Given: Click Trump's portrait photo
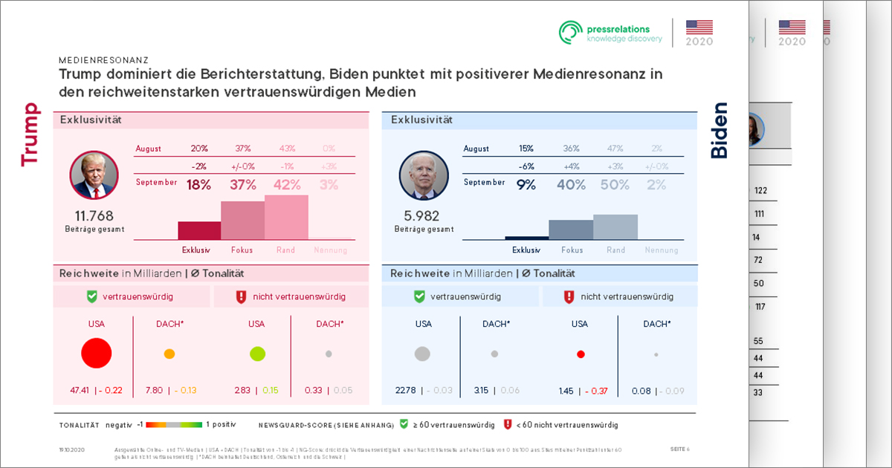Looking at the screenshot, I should tap(94, 175).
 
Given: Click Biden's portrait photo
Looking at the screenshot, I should tap(424, 176).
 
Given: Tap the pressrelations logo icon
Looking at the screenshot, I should tap(571, 32).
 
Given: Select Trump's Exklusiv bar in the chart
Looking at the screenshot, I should tap(199, 230).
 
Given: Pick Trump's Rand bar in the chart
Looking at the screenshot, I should tap(286, 217).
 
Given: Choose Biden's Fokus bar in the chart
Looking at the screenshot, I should tap(571, 230).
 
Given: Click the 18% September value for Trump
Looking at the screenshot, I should tap(199, 185).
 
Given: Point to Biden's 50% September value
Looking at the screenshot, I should tap(615, 185).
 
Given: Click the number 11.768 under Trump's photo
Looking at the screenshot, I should tap(94, 216).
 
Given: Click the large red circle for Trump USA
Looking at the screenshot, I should tap(96, 353).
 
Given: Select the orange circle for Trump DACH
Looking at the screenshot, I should tap(169, 354).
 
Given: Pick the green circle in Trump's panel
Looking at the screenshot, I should tap(257, 354).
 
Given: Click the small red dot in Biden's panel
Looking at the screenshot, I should tap(581, 354).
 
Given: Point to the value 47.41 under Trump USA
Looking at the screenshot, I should tap(79, 390).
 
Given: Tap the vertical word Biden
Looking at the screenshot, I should tap(720, 131).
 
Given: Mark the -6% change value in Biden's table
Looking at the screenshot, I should tap(526, 166).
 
